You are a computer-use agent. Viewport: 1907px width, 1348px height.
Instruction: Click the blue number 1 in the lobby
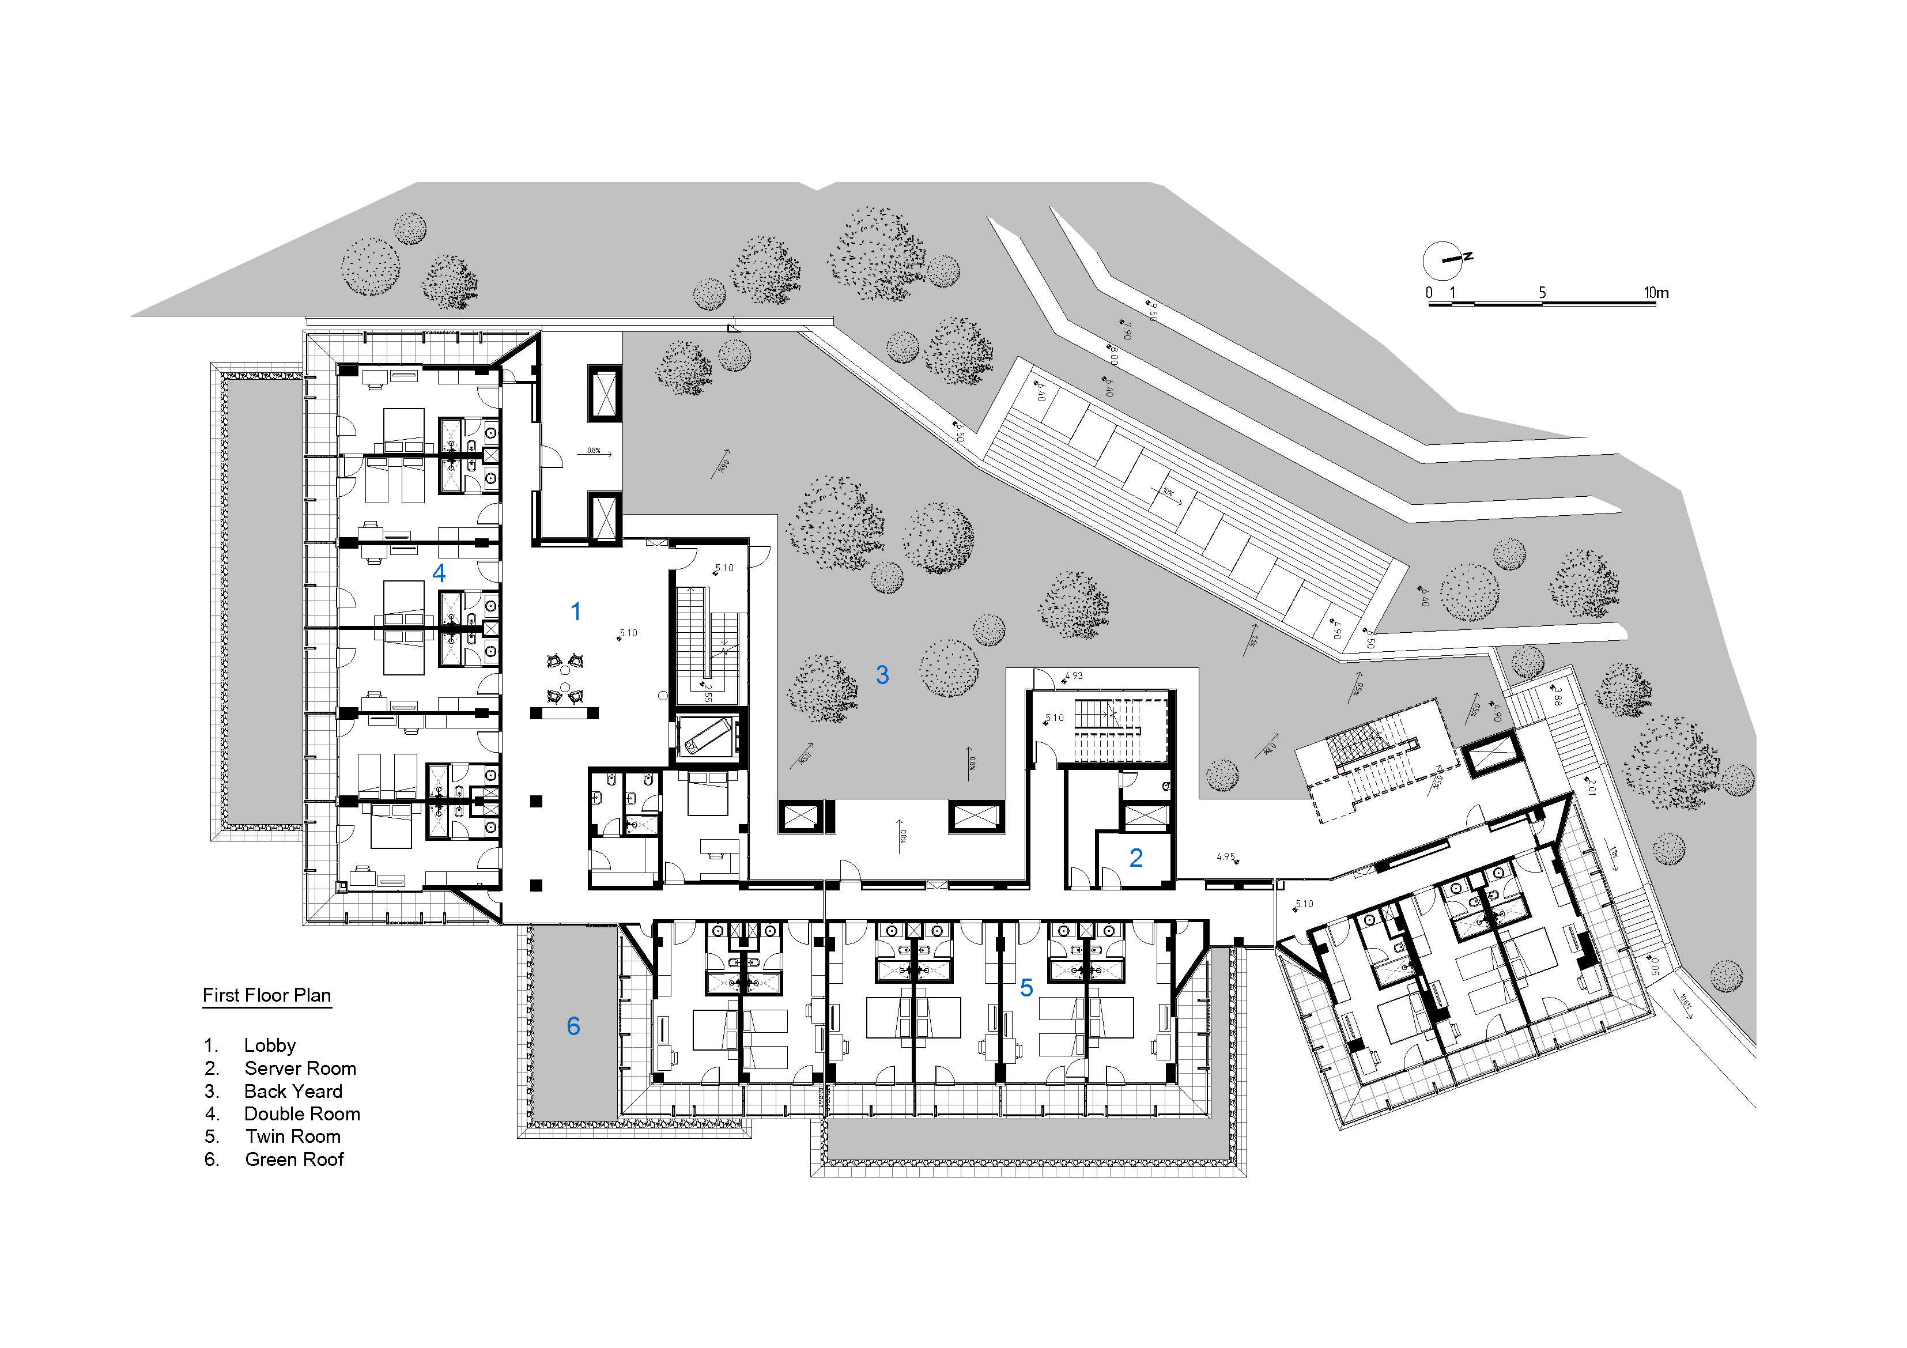(576, 612)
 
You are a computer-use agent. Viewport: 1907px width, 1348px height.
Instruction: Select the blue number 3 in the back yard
(882, 674)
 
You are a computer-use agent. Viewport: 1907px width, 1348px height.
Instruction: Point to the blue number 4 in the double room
(439, 572)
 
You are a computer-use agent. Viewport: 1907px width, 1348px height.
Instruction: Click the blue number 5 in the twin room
(1026, 988)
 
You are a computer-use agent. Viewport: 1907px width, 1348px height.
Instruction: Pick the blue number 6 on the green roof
(573, 1026)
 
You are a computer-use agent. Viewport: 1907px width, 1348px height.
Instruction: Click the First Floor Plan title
(267, 995)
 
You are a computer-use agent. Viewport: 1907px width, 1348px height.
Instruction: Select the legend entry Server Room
(299, 1068)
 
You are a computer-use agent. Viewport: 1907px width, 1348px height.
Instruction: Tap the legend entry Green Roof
(293, 1160)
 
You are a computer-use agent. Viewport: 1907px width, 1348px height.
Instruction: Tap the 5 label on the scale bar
(1542, 292)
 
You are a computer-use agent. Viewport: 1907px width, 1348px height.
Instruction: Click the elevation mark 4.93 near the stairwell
(1073, 676)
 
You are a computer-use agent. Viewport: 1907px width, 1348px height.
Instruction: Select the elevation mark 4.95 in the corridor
(1226, 857)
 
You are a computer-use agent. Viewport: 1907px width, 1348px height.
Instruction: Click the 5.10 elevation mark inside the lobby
(628, 633)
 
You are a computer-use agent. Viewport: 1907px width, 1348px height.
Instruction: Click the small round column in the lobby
(663, 695)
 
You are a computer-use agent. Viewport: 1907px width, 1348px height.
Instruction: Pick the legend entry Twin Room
(292, 1136)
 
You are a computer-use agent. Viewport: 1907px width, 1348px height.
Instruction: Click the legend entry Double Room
(301, 1114)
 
